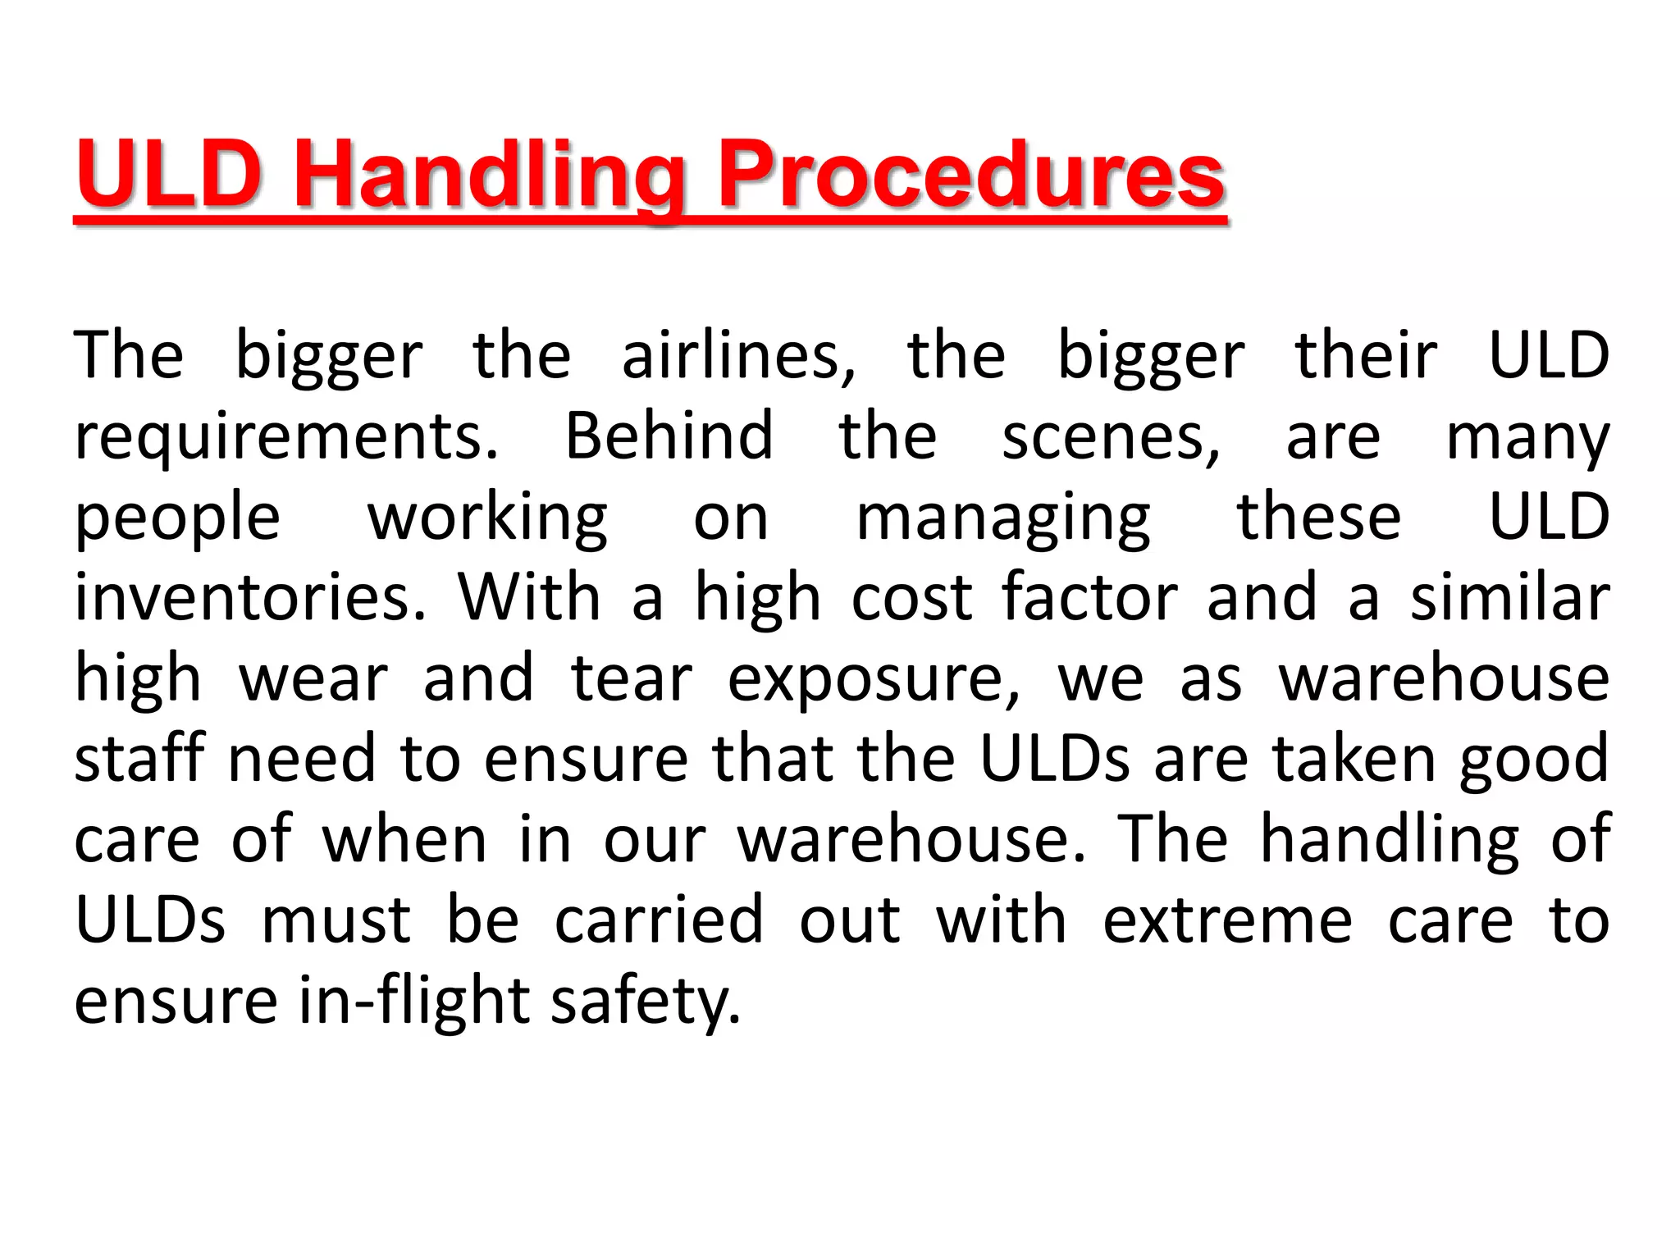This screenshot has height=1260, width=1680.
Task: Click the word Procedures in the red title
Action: [971, 175]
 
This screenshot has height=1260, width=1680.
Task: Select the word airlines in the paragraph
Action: [738, 356]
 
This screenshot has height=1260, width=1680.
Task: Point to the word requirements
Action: [286, 437]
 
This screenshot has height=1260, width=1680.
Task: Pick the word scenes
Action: [1111, 437]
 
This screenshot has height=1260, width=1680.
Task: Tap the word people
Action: [177, 518]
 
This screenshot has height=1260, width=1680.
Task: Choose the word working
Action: [487, 518]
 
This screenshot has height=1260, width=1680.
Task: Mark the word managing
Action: [1003, 518]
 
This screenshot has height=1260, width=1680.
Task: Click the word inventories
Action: [250, 597]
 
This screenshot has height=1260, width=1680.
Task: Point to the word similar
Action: [1509, 597]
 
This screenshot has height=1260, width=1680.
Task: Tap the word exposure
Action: [874, 679]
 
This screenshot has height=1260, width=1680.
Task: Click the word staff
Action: [139, 758]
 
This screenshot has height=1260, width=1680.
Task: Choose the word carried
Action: [659, 920]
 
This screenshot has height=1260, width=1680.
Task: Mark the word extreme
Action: [1227, 920]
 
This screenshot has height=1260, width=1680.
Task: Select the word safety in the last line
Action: [645, 1001]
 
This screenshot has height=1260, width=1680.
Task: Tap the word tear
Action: [632, 679]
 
